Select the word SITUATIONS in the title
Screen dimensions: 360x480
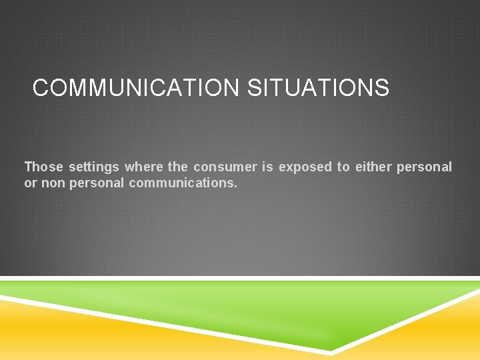pyautogui.click(x=318, y=88)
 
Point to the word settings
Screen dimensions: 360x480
pyautogui.click(x=94, y=167)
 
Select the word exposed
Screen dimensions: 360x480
pyautogui.click(x=305, y=167)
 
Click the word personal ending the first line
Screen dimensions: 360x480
pyautogui.click(x=424, y=167)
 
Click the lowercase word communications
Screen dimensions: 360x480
pyautogui.click(x=181, y=183)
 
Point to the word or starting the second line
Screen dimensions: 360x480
pyautogui.click(x=31, y=183)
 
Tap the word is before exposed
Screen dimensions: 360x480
pyautogui.click(x=267, y=167)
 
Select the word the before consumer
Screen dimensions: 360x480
pyautogui.click(x=178, y=167)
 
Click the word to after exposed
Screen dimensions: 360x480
pyautogui.click(x=343, y=167)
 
